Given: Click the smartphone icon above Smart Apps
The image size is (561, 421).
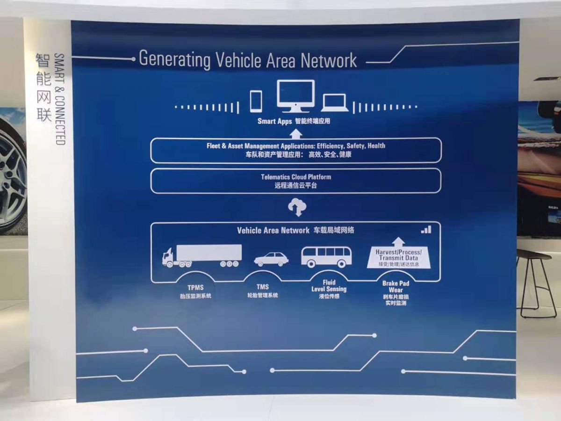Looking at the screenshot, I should click(x=256, y=101).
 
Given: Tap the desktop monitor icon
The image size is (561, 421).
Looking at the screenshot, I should click(x=295, y=95).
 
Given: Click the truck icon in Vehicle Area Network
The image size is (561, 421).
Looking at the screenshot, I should click(x=202, y=256).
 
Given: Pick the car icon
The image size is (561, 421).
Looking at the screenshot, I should click(x=271, y=260).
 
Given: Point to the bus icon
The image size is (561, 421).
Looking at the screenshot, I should click(x=326, y=257).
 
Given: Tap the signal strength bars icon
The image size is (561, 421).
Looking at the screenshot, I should click(x=426, y=229).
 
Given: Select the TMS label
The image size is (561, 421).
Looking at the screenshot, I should click(x=262, y=287).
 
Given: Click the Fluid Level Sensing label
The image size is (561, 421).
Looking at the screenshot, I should click(x=329, y=286).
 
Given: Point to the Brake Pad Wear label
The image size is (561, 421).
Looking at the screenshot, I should click(x=396, y=287).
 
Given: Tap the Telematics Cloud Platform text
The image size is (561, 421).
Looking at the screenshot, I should click(x=296, y=177).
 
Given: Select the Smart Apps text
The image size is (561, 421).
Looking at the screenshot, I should click(x=274, y=121).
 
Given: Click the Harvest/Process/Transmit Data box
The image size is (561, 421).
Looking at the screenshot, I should click(x=398, y=258).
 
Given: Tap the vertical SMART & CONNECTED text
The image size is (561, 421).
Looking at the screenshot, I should click(x=59, y=98).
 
